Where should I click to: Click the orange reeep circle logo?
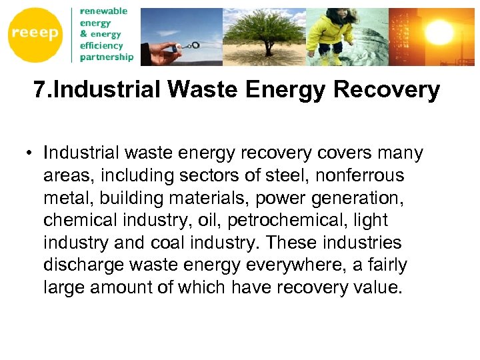[34, 35]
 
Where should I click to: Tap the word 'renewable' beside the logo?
[103, 11]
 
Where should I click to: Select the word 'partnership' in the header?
[107, 57]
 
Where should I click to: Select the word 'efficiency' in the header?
[101, 45]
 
